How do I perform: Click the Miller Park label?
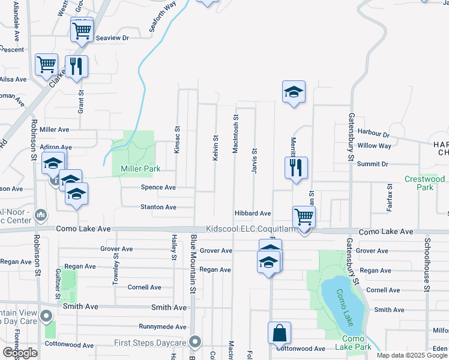pos(140,169)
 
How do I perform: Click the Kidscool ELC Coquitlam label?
pos(252,229)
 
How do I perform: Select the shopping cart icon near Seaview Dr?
pos(82,29)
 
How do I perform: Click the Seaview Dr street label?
pos(109,38)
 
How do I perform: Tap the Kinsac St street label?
pos(177,139)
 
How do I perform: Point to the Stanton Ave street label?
pos(158,207)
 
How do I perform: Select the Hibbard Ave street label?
pos(253,214)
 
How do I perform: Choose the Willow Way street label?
pos(374,146)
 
